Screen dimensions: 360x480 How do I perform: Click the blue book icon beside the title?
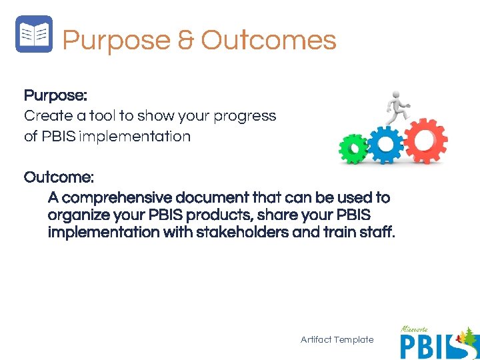pos(33,34)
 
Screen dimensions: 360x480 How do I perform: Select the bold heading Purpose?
pos(55,95)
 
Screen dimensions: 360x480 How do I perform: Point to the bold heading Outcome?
pos(59,177)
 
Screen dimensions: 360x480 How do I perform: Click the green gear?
pos(353,149)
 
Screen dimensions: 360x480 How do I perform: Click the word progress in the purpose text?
pos(245,117)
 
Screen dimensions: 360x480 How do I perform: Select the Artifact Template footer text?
pos(337,340)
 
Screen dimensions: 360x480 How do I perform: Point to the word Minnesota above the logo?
pos(415,329)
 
